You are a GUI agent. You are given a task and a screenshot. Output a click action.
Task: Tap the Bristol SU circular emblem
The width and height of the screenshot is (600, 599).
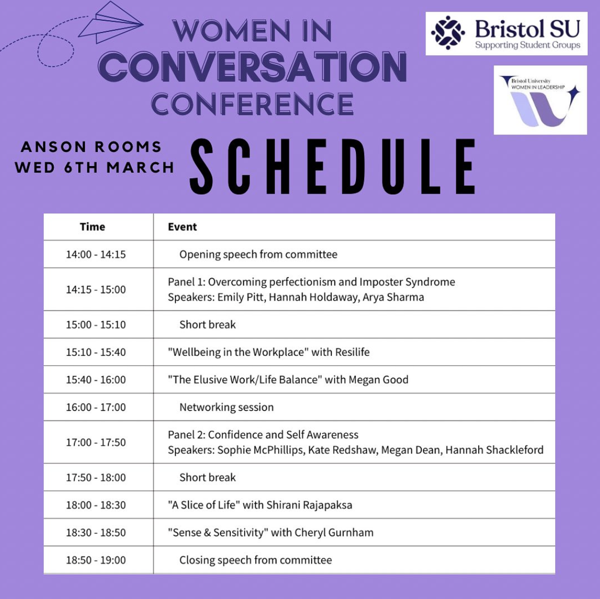point(448,33)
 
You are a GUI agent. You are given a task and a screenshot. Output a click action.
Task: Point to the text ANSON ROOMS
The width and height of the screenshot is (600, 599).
point(91,147)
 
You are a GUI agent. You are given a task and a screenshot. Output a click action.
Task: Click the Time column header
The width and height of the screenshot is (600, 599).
point(92,227)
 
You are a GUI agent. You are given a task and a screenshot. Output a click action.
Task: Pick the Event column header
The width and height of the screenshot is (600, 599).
point(182,227)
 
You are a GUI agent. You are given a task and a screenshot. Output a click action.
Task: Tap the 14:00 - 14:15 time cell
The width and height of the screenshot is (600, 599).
point(96,254)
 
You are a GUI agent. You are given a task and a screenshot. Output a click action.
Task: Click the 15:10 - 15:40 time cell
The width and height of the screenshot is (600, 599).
point(96,352)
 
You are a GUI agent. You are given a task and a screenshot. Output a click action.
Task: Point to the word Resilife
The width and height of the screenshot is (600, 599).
point(352,352)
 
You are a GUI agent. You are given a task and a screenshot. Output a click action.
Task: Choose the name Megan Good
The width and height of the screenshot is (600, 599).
point(378,379)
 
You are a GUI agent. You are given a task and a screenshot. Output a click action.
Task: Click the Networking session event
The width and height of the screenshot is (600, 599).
point(227,407)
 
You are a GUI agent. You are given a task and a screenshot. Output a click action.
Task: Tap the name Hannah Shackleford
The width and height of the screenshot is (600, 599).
point(494,450)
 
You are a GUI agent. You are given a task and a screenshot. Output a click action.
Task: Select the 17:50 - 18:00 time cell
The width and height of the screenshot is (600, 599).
point(96,477)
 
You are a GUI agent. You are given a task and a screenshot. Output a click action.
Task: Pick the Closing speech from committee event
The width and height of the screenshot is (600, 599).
point(256,560)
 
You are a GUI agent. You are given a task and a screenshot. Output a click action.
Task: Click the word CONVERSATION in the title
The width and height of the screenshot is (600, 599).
point(253,67)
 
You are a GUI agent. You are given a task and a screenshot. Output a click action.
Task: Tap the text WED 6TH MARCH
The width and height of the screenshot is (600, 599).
point(95,167)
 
